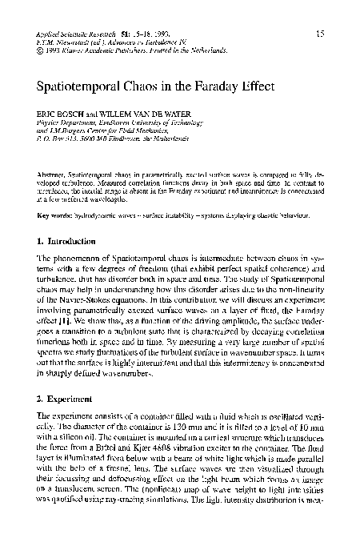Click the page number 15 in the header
319,33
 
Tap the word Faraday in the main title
230,84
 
